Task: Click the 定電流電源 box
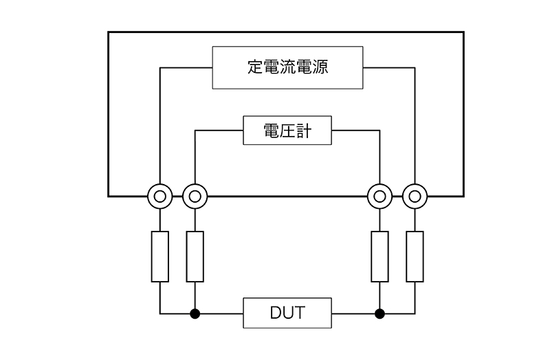pyautogui.click(x=287, y=67)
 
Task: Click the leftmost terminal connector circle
pyautogui.click(x=159, y=196)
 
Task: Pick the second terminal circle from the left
pyautogui.click(x=195, y=196)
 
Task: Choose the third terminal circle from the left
pyautogui.click(x=379, y=196)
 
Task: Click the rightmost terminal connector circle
pyautogui.click(x=415, y=196)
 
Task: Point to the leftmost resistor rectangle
pyautogui.click(x=159, y=256)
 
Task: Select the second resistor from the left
pyautogui.click(x=195, y=256)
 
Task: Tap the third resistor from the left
pyautogui.click(x=379, y=256)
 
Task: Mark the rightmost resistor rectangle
pyautogui.click(x=415, y=256)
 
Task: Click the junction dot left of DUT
pyautogui.click(x=195, y=314)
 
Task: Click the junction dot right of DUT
pyautogui.click(x=379, y=314)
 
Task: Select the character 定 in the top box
pyautogui.click(x=256, y=67)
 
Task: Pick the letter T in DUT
pyautogui.click(x=300, y=314)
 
